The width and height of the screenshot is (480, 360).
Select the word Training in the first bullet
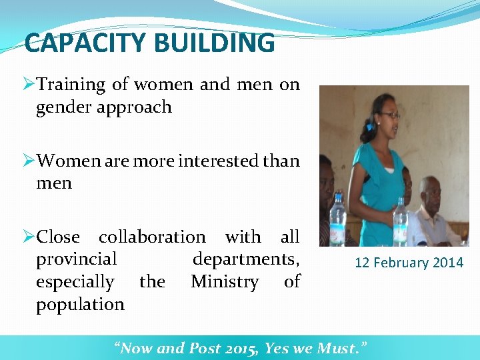(x=71, y=85)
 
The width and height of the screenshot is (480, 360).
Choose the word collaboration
(x=152, y=237)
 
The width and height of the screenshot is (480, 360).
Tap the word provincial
(x=77, y=259)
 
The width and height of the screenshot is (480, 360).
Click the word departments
(x=246, y=259)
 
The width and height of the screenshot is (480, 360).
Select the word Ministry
(x=225, y=282)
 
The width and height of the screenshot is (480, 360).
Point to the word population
(x=81, y=305)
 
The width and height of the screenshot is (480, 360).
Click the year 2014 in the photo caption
(x=448, y=263)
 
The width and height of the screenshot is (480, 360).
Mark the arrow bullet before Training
(x=28, y=85)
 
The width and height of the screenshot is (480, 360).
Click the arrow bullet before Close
(x=28, y=237)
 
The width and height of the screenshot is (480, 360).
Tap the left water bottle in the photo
(x=337, y=220)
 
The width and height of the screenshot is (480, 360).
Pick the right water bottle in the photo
(x=400, y=223)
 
